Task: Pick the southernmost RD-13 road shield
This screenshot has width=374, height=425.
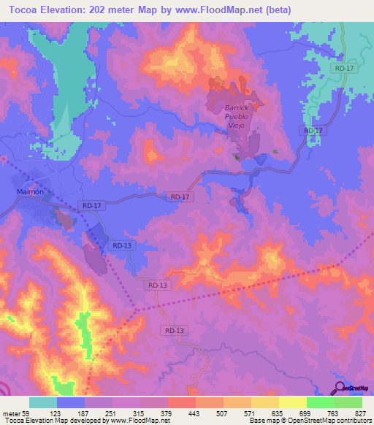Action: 173,331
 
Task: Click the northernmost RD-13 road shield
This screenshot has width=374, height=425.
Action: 122,246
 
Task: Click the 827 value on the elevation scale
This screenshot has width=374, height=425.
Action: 361,413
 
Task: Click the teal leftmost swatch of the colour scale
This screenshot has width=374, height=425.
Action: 42,402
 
